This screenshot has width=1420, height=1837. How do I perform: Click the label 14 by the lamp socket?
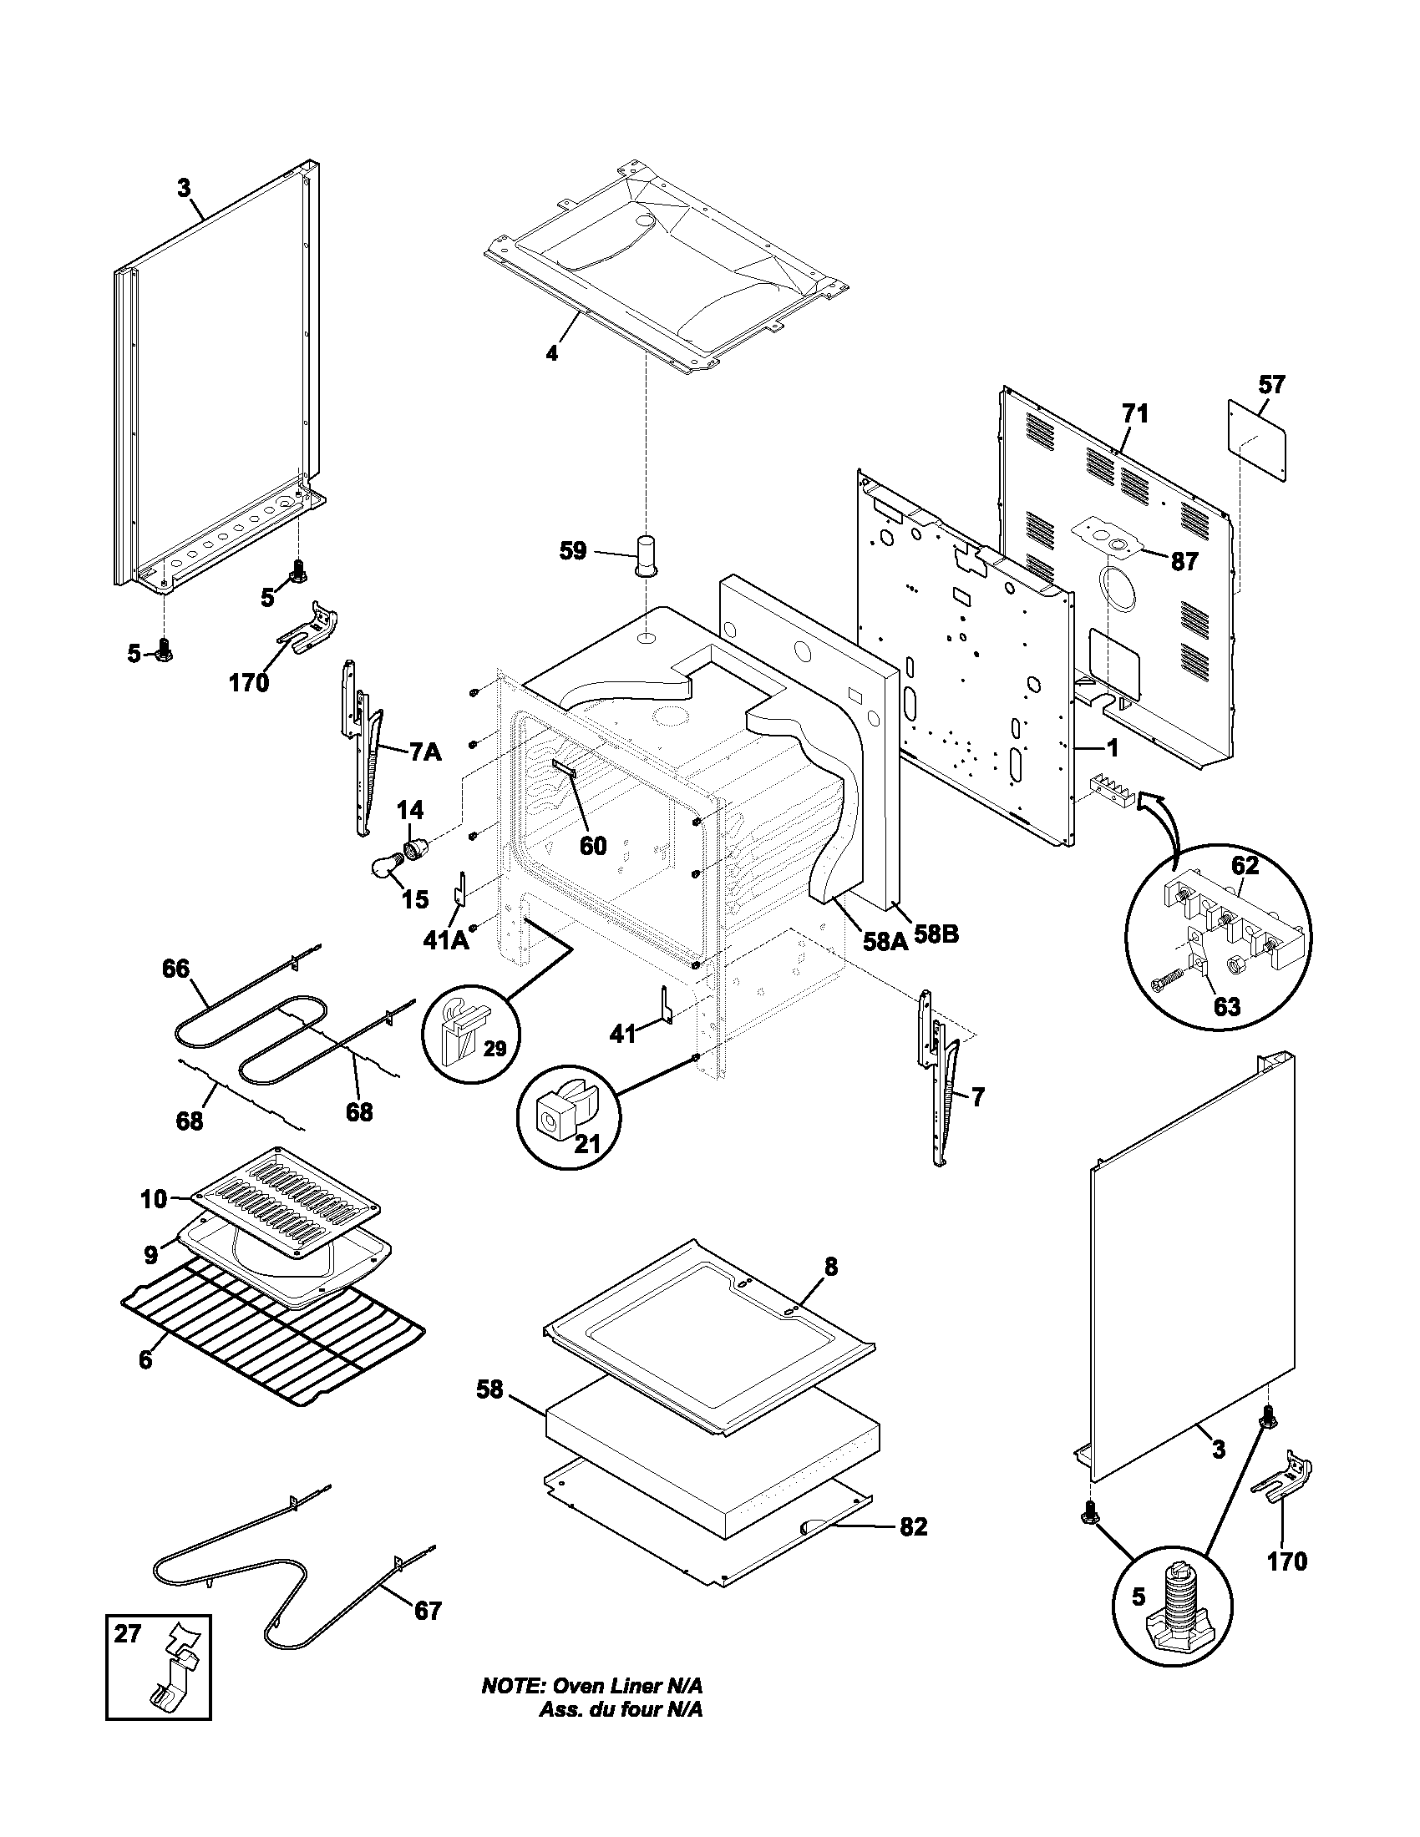[x=409, y=810]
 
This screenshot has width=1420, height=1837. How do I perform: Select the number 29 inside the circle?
[x=494, y=1048]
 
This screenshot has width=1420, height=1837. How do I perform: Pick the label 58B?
[x=936, y=934]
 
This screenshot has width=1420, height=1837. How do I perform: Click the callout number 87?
[x=1184, y=562]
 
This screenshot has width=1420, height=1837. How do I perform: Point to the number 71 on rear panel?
[x=1134, y=414]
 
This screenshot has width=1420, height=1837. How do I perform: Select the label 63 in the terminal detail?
[x=1226, y=1006]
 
